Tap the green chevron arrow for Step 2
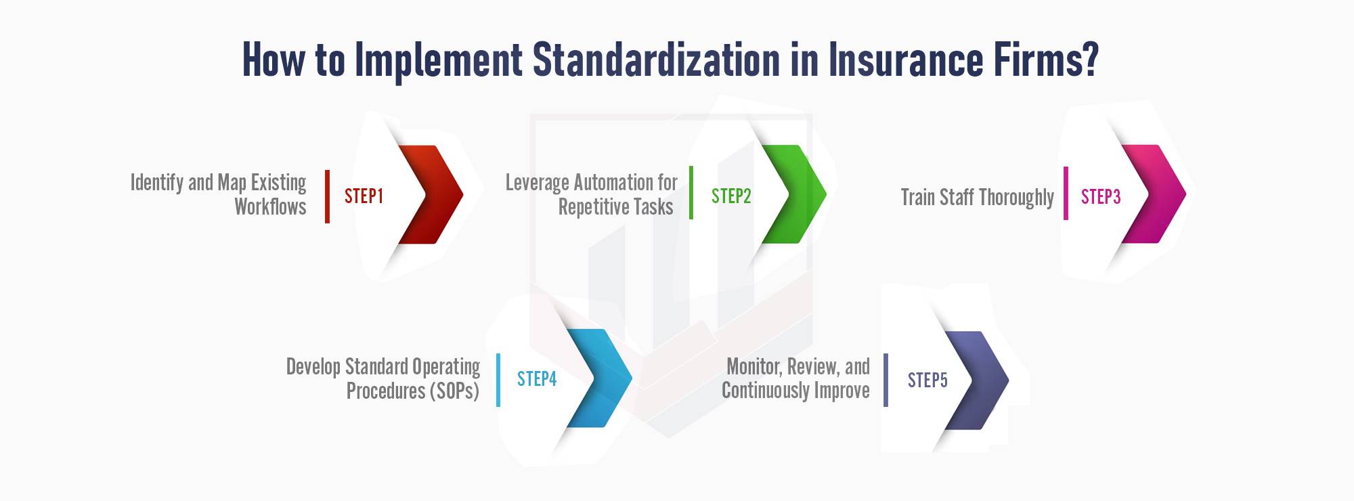[x=802, y=194]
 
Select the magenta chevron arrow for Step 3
[x=1161, y=194]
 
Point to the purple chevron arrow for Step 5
[x=984, y=380]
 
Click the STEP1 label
[x=364, y=196]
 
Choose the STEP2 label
[x=731, y=196]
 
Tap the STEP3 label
[x=1101, y=197]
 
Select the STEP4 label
[x=537, y=379]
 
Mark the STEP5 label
[x=927, y=380]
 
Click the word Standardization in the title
[x=657, y=60]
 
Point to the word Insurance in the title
[x=907, y=60]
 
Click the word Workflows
[x=270, y=206]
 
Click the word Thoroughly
[x=1016, y=198]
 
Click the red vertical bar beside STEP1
[x=328, y=196]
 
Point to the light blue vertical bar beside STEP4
[x=498, y=380]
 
